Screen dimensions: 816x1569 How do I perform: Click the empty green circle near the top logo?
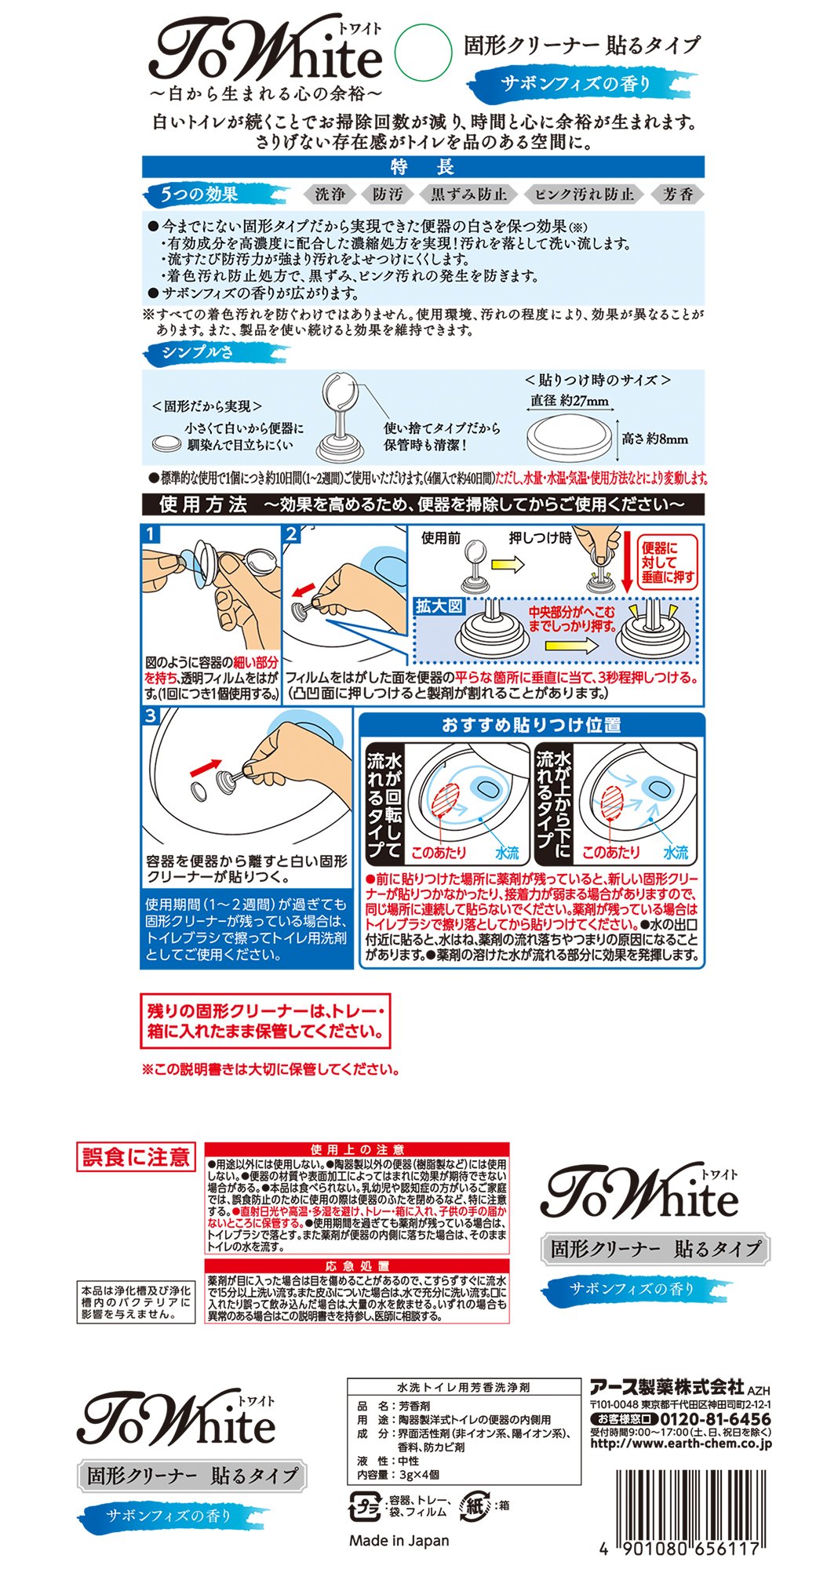(x=423, y=53)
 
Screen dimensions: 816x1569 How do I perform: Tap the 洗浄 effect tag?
(x=329, y=195)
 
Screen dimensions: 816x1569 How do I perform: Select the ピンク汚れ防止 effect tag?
(x=584, y=195)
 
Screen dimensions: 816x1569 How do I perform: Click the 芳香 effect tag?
(x=677, y=195)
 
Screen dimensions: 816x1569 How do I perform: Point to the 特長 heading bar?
(x=423, y=167)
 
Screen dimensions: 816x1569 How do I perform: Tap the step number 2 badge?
(x=291, y=534)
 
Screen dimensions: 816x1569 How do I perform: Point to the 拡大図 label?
(x=439, y=606)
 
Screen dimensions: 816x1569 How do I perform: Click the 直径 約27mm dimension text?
(x=570, y=401)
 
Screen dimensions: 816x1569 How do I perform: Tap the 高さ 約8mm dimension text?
(x=655, y=439)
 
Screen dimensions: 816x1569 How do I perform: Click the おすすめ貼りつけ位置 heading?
(x=531, y=725)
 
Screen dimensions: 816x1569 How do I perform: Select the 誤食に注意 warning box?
(x=136, y=1157)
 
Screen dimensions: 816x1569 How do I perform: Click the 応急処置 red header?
(x=357, y=1266)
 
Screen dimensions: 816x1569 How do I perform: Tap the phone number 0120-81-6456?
(x=716, y=1419)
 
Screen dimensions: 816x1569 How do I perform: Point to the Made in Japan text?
(x=399, y=1540)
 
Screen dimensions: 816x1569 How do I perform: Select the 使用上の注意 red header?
(x=357, y=1149)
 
